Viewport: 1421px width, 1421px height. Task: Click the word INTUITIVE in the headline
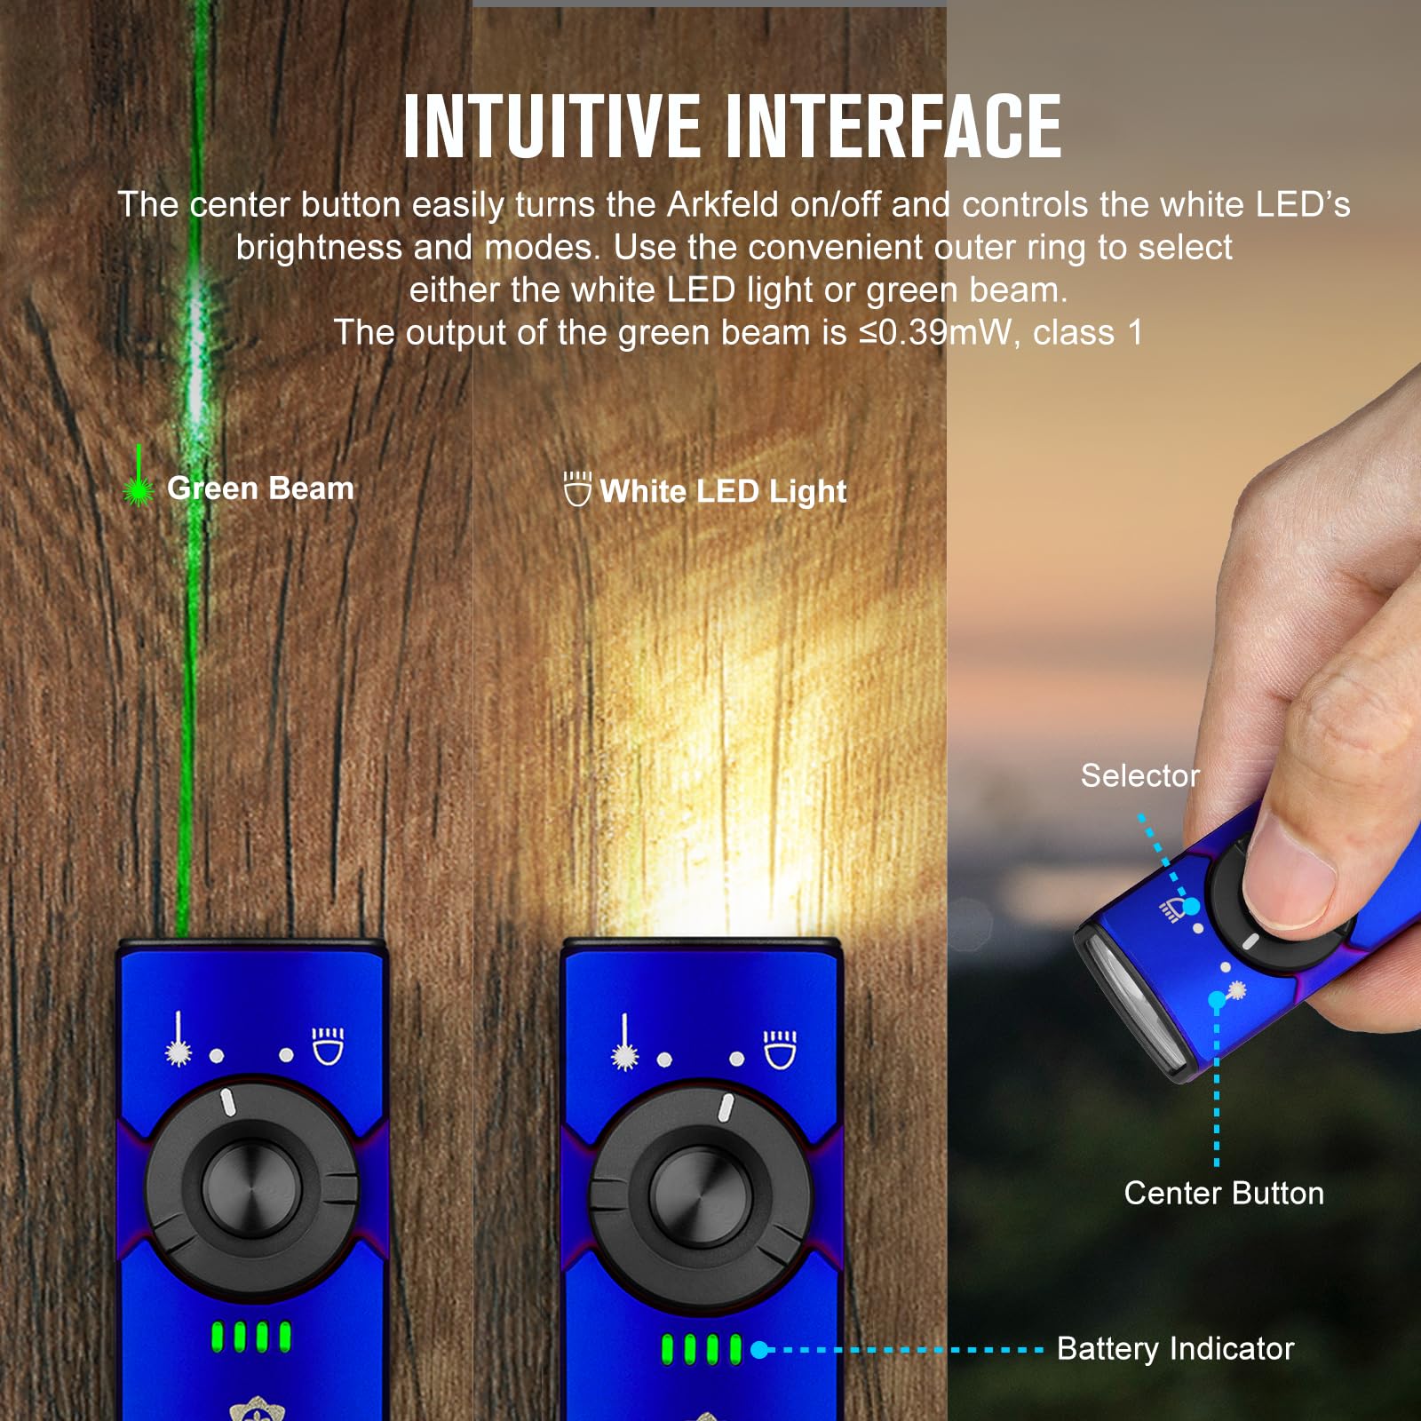click(552, 126)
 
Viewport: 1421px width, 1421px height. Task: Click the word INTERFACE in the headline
click(893, 126)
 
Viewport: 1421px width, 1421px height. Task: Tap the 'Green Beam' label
click(260, 488)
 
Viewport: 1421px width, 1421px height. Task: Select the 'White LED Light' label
click(723, 491)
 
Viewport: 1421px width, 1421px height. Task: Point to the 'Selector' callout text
click(1139, 775)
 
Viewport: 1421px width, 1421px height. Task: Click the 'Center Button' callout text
click(1224, 1193)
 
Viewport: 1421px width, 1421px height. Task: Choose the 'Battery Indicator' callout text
click(1175, 1348)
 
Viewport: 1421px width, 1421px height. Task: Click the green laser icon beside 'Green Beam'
click(138, 477)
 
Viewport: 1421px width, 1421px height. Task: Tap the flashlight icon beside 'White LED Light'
click(577, 488)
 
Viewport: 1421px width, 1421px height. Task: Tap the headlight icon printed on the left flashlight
click(328, 1045)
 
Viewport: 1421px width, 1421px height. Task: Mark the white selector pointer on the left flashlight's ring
click(227, 1101)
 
